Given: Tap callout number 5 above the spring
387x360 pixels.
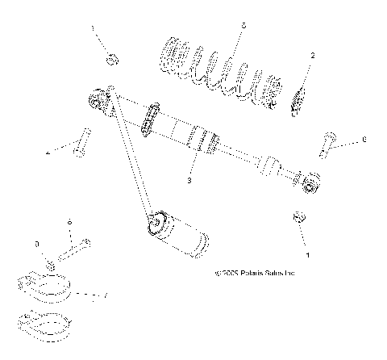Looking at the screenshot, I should pyautogui.click(x=243, y=26).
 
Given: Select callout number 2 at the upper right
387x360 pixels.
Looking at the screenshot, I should pyautogui.click(x=313, y=55).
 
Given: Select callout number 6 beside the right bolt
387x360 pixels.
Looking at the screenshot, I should pyautogui.click(x=364, y=140).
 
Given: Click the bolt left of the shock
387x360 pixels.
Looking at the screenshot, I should pyautogui.click(x=79, y=143).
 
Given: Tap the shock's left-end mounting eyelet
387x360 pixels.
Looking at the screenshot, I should pyautogui.click(x=98, y=99).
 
